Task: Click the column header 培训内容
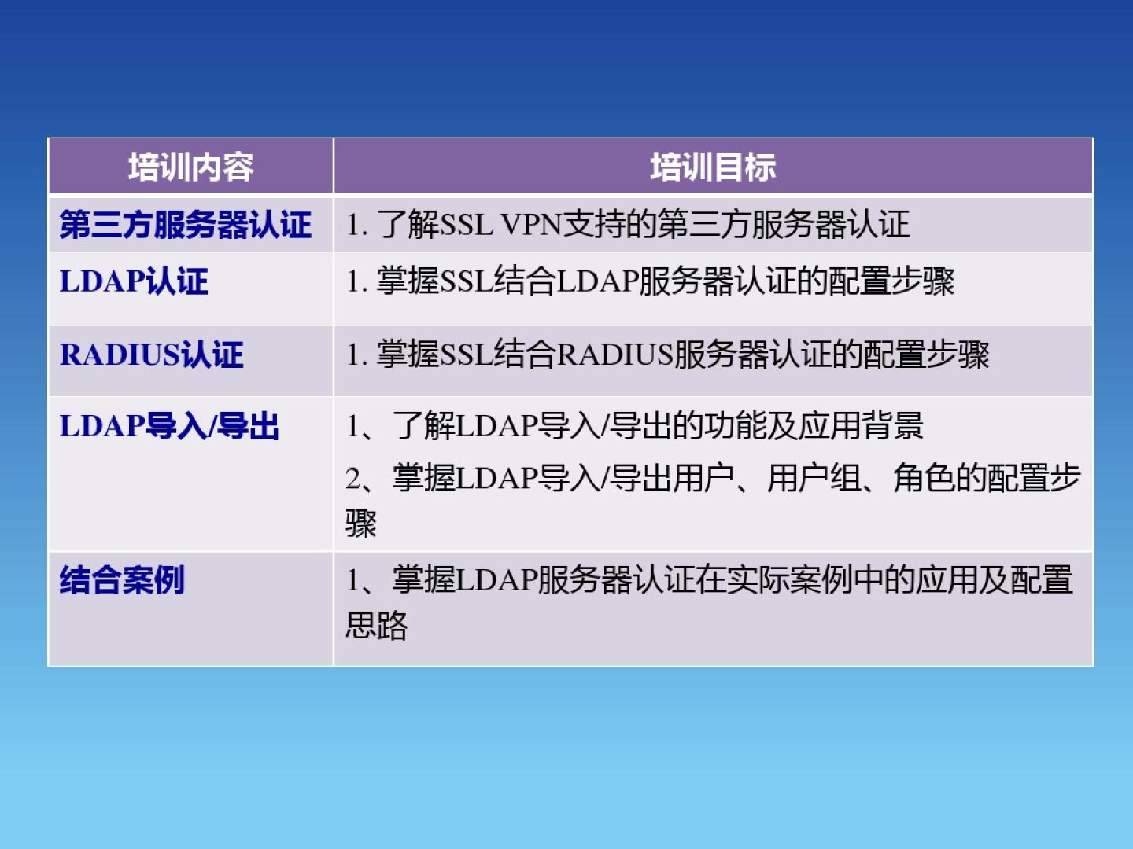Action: click(191, 167)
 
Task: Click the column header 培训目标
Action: click(713, 167)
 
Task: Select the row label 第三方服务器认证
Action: click(186, 225)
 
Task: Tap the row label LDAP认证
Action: click(134, 281)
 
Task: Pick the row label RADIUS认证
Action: click(151, 355)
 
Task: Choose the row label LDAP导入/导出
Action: click(169, 426)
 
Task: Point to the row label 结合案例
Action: click(122, 580)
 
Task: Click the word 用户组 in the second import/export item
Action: click(814, 478)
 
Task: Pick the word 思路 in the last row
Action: click(377, 626)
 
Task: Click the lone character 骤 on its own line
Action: click(361, 524)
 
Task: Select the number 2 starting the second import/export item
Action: click(353, 479)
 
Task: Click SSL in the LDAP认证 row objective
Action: click(466, 281)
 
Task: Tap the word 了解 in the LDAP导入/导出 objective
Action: click(424, 426)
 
